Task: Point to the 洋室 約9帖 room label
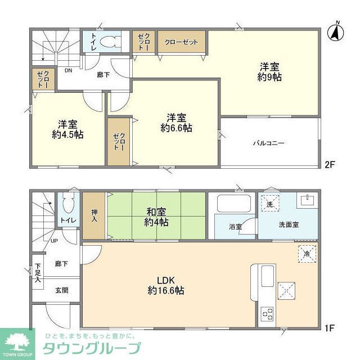click(269, 72)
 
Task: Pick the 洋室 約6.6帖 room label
click(176, 123)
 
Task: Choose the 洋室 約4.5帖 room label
click(67, 129)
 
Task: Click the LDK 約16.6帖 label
click(166, 285)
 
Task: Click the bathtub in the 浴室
click(231, 204)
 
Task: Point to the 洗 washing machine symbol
click(270, 205)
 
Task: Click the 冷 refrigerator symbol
click(306, 253)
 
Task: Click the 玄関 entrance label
click(61, 290)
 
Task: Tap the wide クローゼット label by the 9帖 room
click(181, 42)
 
